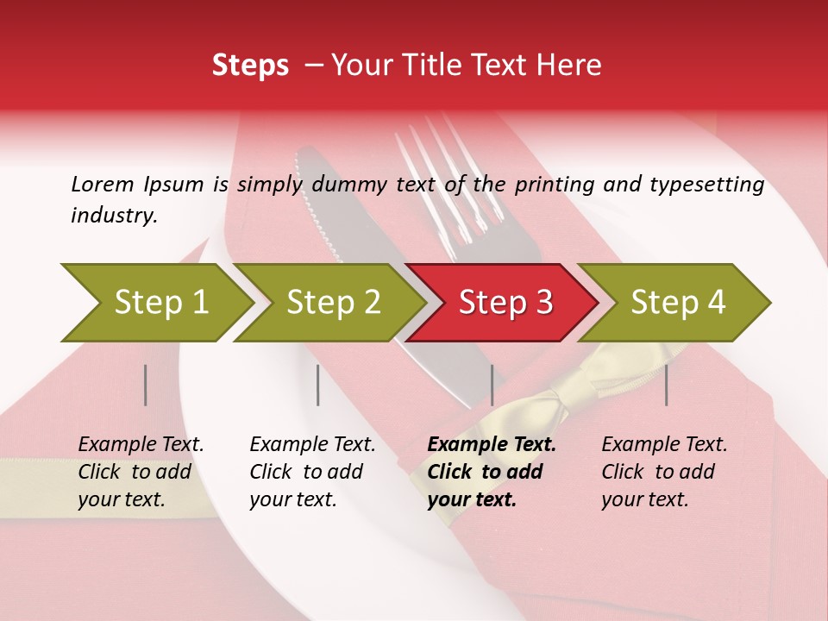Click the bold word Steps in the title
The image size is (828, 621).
click(x=250, y=66)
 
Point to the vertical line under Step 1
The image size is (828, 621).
click(x=146, y=385)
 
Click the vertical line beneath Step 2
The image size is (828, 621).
click(x=318, y=385)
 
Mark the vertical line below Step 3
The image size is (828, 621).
click(x=492, y=385)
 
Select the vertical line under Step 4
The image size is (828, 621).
click(x=666, y=385)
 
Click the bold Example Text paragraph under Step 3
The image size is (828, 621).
click(x=492, y=472)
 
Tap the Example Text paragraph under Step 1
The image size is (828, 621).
click(x=141, y=472)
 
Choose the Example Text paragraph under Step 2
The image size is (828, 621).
click(x=312, y=472)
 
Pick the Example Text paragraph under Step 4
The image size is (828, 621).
click(x=664, y=472)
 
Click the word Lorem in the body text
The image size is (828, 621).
click(x=103, y=184)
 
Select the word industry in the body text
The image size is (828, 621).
click(x=114, y=216)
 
